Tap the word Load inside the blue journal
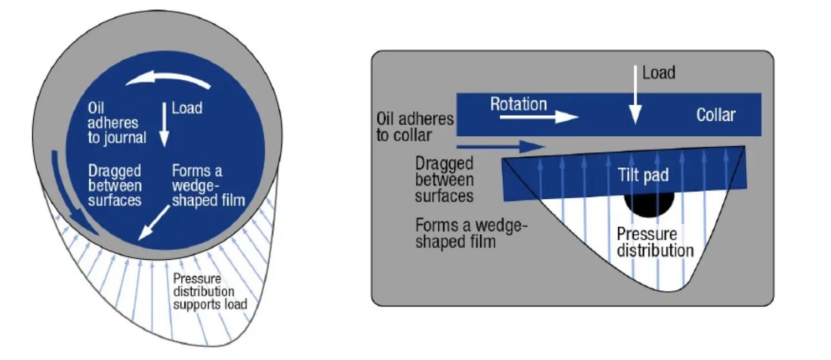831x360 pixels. coord(187,108)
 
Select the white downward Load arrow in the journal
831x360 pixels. coord(164,125)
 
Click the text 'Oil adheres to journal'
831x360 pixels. coord(117,123)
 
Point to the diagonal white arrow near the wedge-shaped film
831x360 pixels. coord(154,223)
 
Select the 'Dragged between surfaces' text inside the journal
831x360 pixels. coord(115,186)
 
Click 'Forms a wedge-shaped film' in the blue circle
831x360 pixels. coord(208,186)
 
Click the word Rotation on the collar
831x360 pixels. coord(519,104)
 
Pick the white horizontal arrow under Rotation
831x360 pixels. coord(539,117)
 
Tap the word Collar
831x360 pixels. coord(716,115)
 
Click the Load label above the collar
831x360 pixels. coord(659,73)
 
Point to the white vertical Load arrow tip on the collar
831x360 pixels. coord(635,124)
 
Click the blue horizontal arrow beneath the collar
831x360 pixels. coord(501,147)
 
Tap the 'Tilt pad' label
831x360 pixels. coord(643,175)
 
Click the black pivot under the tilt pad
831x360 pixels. coord(649,204)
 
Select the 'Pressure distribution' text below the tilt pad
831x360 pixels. coord(655,243)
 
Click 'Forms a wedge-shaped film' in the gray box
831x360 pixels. coord(471,233)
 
